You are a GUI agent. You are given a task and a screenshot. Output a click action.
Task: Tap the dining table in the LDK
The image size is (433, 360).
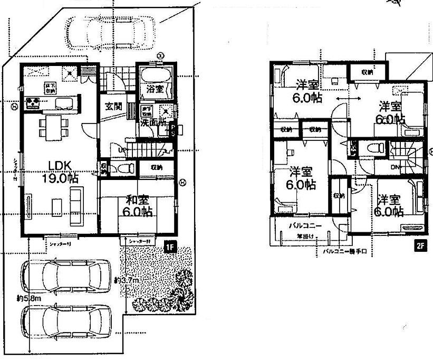pos(53,127)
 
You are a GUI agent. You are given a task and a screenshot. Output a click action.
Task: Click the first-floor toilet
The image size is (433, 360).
pos(123,168)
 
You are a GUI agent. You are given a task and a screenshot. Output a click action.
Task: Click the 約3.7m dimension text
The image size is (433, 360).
pos(127,280)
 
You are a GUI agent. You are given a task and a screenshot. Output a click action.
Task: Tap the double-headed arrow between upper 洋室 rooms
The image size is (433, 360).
pos(345,99)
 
